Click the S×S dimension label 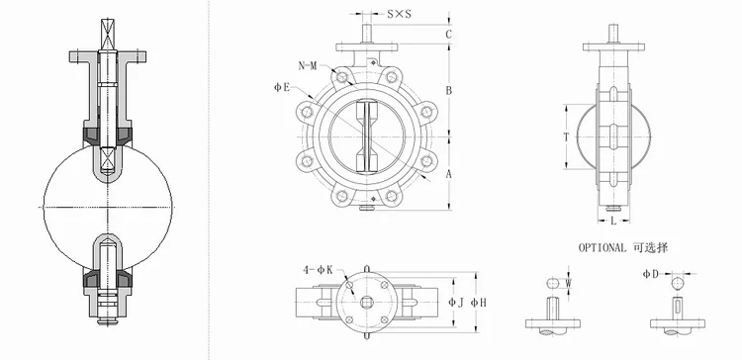coord(399,14)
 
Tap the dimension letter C coord(449,34)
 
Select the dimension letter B coord(449,90)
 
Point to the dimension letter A coord(449,174)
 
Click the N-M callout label coord(307,66)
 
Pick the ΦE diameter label coord(282,87)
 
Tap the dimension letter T coord(566,137)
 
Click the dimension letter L coord(613,221)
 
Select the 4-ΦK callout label coord(318,270)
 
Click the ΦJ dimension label coord(456,302)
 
